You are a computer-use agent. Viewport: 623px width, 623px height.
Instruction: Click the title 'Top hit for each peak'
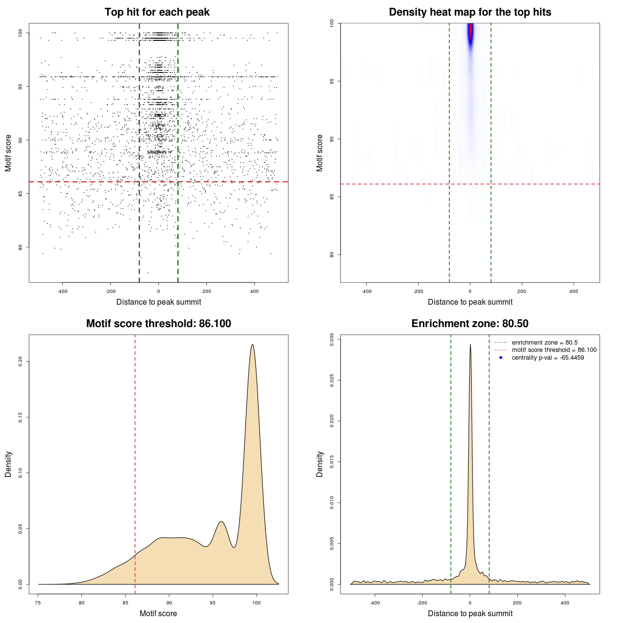[157, 12]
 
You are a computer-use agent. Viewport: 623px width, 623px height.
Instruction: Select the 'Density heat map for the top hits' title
[470, 12]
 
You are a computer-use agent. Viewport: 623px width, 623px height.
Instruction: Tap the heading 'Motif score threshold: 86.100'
[158, 324]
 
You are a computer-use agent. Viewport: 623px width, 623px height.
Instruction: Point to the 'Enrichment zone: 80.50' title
[470, 324]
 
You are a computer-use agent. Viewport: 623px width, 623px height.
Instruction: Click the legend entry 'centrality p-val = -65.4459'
[548, 358]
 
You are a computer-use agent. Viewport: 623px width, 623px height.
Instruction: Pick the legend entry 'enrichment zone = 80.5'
[545, 343]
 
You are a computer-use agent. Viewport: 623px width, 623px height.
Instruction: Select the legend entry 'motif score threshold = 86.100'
[554, 350]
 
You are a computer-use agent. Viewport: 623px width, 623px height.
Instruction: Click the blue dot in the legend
[501, 358]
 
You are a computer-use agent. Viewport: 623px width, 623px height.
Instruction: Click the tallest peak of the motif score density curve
[252, 345]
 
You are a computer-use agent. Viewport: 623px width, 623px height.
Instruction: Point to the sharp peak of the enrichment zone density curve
[470, 345]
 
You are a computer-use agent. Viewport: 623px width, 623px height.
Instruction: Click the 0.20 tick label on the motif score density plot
[20, 361]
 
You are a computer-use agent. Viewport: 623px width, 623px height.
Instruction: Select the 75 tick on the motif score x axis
[38, 603]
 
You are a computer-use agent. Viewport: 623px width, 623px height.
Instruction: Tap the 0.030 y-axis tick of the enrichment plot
[332, 339]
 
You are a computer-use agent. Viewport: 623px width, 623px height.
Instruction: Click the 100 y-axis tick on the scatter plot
[20, 33]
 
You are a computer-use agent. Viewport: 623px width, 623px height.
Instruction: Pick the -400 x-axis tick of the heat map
[366, 292]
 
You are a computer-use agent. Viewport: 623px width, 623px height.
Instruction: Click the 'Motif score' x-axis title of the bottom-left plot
[158, 613]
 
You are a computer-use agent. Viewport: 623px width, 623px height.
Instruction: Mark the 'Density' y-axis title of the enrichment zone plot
[320, 464]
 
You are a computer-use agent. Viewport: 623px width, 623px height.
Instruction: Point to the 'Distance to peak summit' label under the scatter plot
[159, 302]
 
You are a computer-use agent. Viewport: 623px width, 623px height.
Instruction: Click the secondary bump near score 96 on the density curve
[221, 522]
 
